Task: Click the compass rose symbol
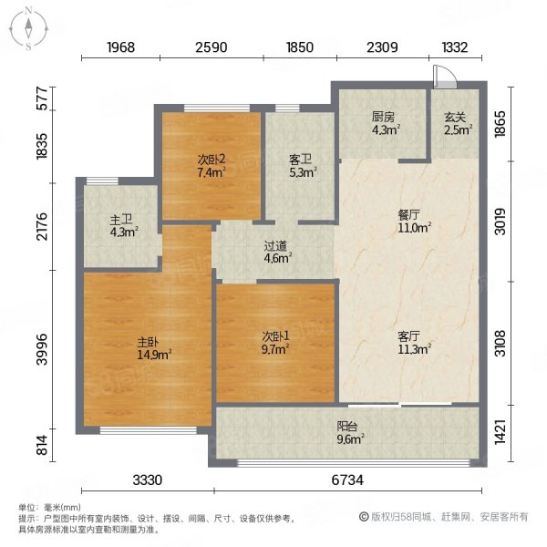pos(28,29)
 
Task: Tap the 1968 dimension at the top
pos(120,47)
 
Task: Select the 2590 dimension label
pos(212,47)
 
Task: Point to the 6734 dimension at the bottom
pos(347,480)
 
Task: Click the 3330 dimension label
pos(147,480)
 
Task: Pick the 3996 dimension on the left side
pos(42,349)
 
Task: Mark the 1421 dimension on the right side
pos(501,432)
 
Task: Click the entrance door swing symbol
pos(445,77)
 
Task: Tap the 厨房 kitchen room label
pos(383,117)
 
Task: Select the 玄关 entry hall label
pos(455,117)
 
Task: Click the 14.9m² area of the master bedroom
pos(154,355)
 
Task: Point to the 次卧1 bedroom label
pos(275,335)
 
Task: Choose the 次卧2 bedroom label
pos(212,160)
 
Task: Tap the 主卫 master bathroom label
pos(121,220)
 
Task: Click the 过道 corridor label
pos(275,246)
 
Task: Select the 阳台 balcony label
pos(347,427)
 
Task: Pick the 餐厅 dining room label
pos(408,214)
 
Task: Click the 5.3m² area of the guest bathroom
pos(304,172)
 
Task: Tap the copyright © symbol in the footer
pos(364,517)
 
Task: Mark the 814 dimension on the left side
pos(42,445)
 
